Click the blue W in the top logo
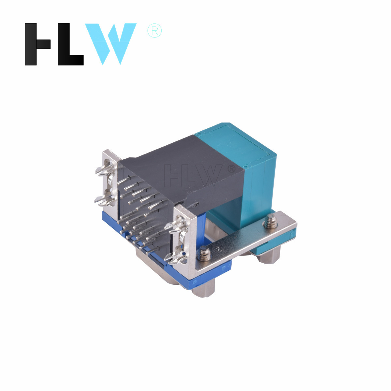(x=110, y=44)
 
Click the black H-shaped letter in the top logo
(x=37, y=44)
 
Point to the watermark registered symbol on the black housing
(x=232, y=169)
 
